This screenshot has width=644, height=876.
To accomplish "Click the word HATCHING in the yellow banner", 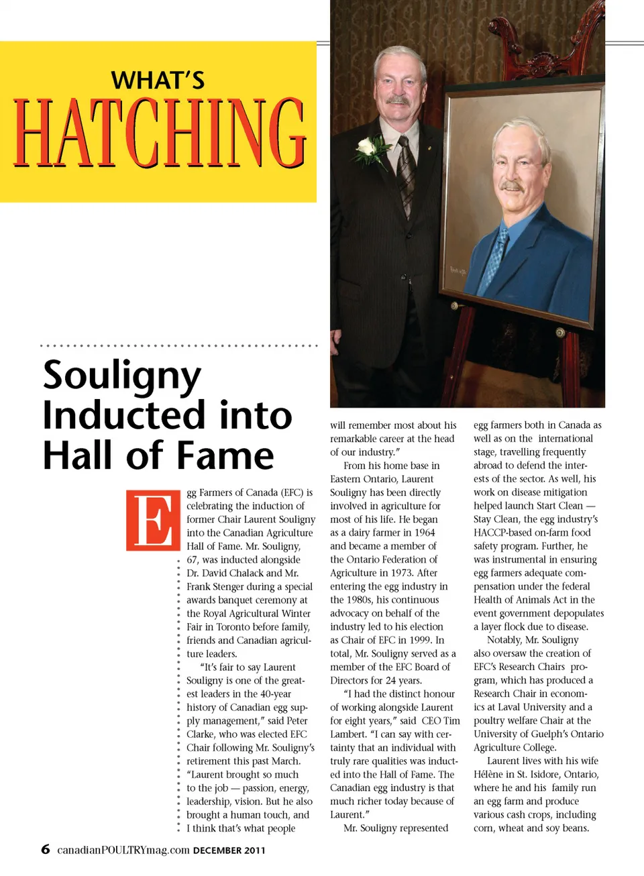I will click(x=160, y=133).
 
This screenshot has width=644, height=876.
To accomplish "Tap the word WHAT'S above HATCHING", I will click(x=158, y=80).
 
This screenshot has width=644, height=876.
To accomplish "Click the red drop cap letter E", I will click(x=153, y=521).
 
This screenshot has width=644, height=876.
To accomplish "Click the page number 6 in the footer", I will click(x=46, y=849).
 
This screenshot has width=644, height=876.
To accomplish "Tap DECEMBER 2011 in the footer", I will click(x=229, y=851).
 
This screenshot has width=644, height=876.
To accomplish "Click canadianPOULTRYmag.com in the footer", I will click(x=123, y=850).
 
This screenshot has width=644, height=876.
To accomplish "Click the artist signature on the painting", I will click(x=458, y=272).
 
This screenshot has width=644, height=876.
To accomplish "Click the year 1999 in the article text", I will click(x=420, y=640).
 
